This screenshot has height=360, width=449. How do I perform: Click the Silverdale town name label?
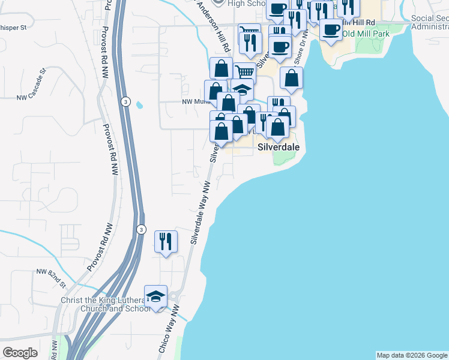(x=278, y=146)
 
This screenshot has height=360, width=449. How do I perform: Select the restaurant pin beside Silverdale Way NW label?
(x=166, y=241)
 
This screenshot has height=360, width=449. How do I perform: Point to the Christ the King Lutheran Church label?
(x=104, y=304)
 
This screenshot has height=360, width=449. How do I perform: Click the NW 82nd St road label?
(x=50, y=275)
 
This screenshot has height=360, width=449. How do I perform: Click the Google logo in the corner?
(x=20, y=353)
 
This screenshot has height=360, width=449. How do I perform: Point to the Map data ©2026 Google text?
(x=412, y=355)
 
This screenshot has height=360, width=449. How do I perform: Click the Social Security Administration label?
(x=430, y=22)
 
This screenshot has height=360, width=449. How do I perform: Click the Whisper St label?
(x=13, y=28)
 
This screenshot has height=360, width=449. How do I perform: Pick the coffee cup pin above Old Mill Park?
(x=330, y=29)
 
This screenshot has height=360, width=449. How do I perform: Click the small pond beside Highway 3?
(x=139, y=105)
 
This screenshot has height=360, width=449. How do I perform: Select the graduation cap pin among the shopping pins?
(x=242, y=90)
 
